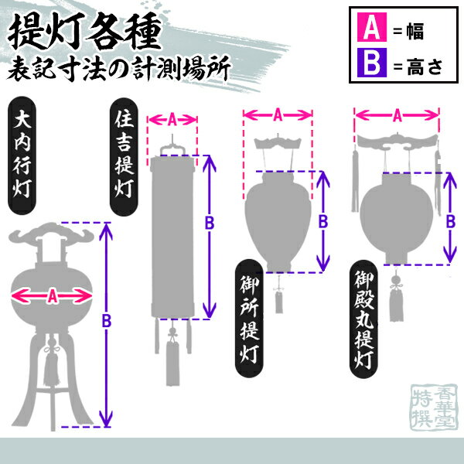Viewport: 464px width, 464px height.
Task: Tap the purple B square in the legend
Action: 370,64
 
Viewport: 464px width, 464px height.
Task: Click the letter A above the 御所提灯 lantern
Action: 277,114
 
